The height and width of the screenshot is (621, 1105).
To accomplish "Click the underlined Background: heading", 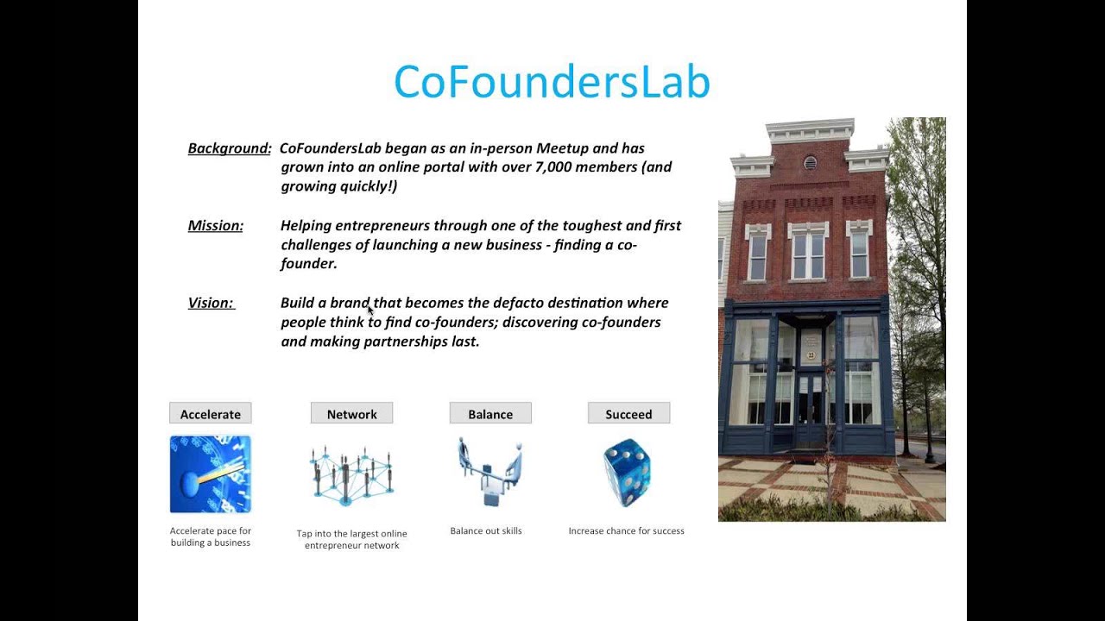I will pyautogui.click(x=230, y=148).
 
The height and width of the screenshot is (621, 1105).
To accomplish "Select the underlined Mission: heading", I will pyautogui.click(x=216, y=226).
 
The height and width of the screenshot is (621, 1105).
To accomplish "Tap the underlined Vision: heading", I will pyautogui.click(x=212, y=303).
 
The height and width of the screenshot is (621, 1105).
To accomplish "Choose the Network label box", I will pyautogui.click(x=351, y=414).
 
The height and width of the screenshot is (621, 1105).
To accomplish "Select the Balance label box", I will pyautogui.click(x=490, y=414).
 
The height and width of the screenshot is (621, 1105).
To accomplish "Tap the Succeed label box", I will pyautogui.click(x=628, y=414).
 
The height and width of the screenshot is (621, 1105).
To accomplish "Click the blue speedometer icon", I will pyautogui.click(x=211, y=474).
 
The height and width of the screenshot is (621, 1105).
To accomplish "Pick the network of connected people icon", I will pyautogui.click(x=351, y=474).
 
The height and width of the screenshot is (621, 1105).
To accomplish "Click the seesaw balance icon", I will pyautogui.click(x=489, y=473).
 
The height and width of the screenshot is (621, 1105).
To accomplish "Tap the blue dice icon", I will pyautogui.click(x=627, y=473).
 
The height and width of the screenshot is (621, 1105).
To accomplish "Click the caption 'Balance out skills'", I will pyautogui.click(x=486, y=531).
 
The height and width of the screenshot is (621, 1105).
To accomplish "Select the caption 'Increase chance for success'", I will pyautogui.click(x=626, y=531).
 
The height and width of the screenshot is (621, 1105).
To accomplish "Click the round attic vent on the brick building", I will pyautogui.click(x=809, y=162).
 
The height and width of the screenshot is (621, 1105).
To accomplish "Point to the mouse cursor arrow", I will pyautogui.click(x=370, y=310).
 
